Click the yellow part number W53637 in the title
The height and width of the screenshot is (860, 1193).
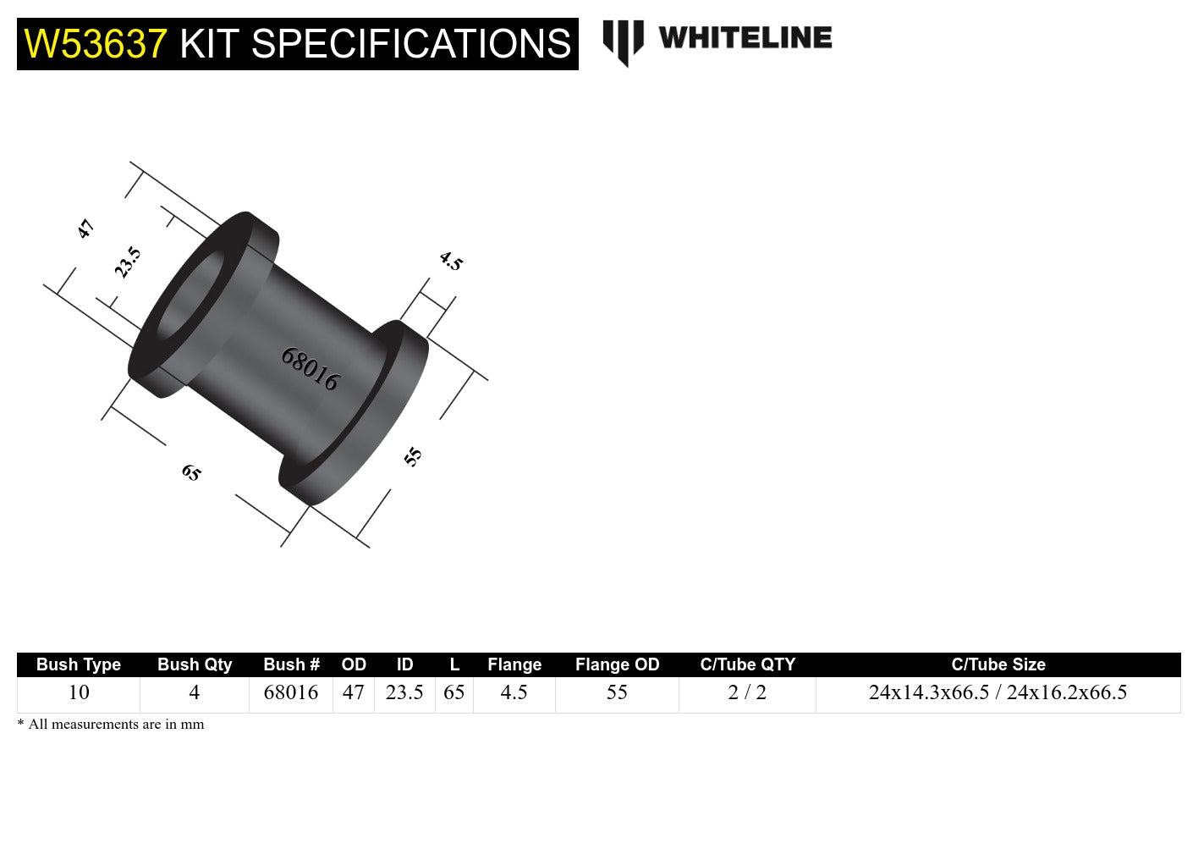pos(96,44)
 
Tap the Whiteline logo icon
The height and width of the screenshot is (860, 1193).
pos(623,41)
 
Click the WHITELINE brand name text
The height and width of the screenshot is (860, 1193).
pos(745,38)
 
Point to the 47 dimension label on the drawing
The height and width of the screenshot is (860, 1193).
pos(85,229)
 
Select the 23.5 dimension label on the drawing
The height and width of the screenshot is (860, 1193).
pos(128,262)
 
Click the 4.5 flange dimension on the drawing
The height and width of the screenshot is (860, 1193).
pos(451,262)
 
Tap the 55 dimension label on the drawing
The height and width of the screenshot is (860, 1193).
pos(413,457)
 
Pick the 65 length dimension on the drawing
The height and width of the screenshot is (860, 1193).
pos(191,472)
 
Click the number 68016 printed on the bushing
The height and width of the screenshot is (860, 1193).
pos(310,369)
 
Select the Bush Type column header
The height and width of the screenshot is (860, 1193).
pos(79,664)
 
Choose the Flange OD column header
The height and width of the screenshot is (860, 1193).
pos(617,664)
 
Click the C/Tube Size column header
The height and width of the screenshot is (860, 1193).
pos(998,664)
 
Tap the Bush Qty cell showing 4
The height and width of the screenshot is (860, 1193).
pos(195,692)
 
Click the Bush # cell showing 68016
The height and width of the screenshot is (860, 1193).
pos(291,692)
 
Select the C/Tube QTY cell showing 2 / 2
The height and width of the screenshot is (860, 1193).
pos(747,692)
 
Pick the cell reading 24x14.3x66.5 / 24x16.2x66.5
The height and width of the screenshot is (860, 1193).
pos(998,692)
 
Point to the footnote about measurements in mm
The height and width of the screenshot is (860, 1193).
pos(111,725)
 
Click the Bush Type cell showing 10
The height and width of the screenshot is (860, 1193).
pos(79,692)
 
